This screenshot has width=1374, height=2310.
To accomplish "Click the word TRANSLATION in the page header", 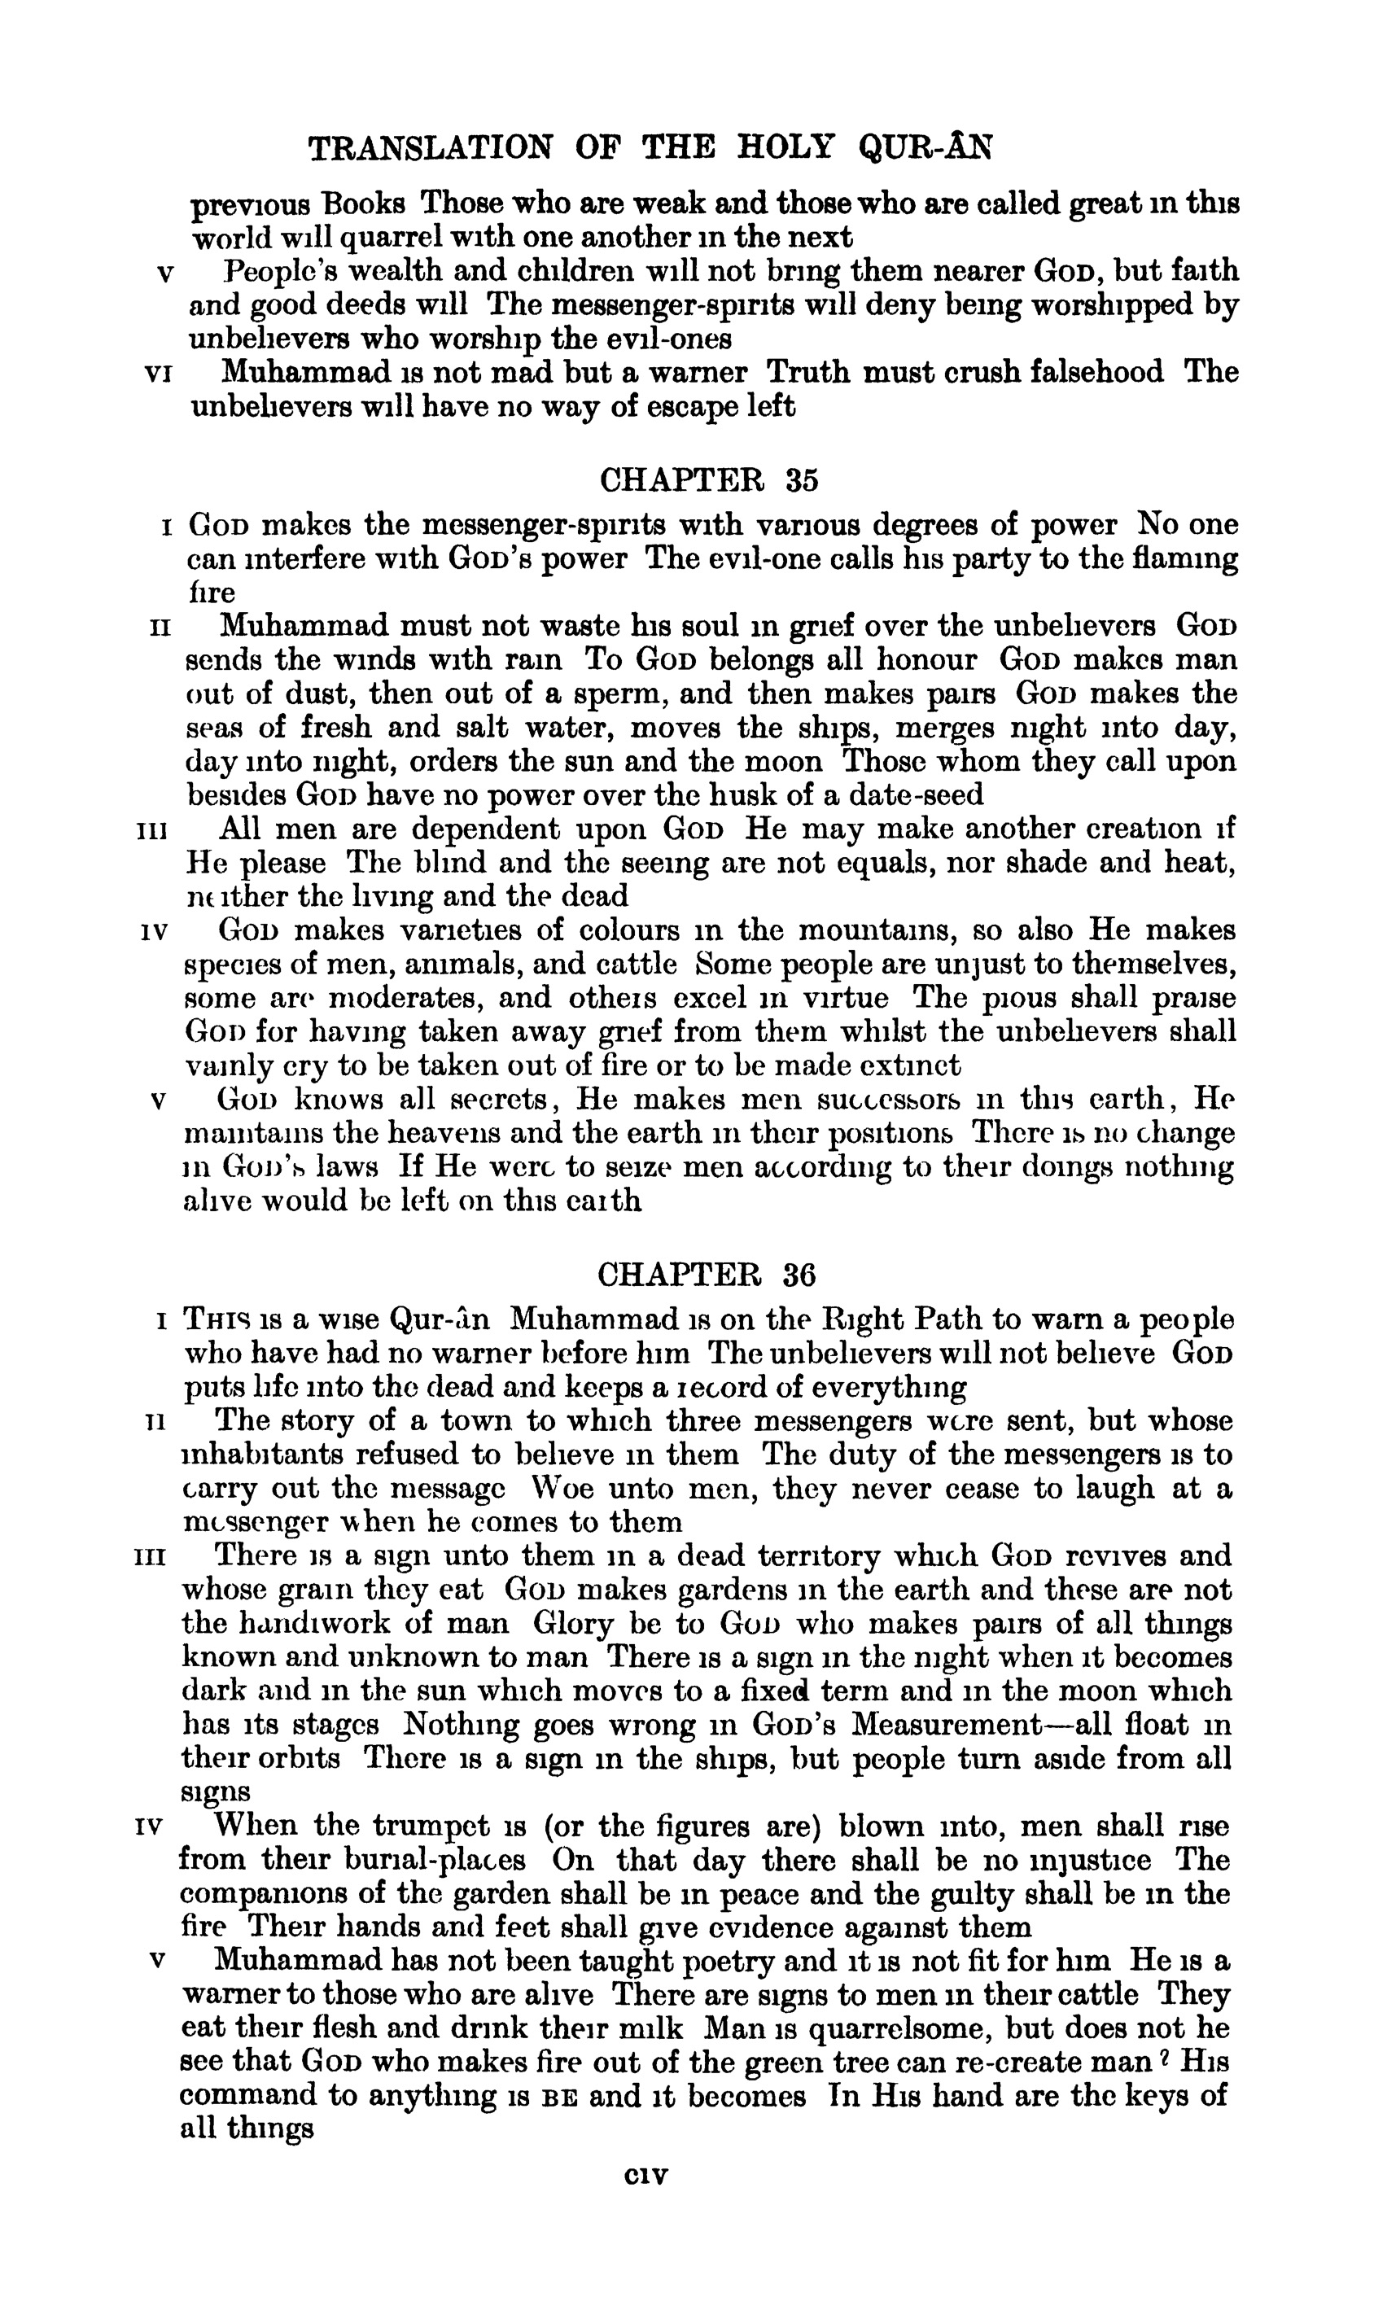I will [431, 147].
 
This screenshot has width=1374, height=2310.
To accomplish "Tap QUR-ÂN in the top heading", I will [925, 147].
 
